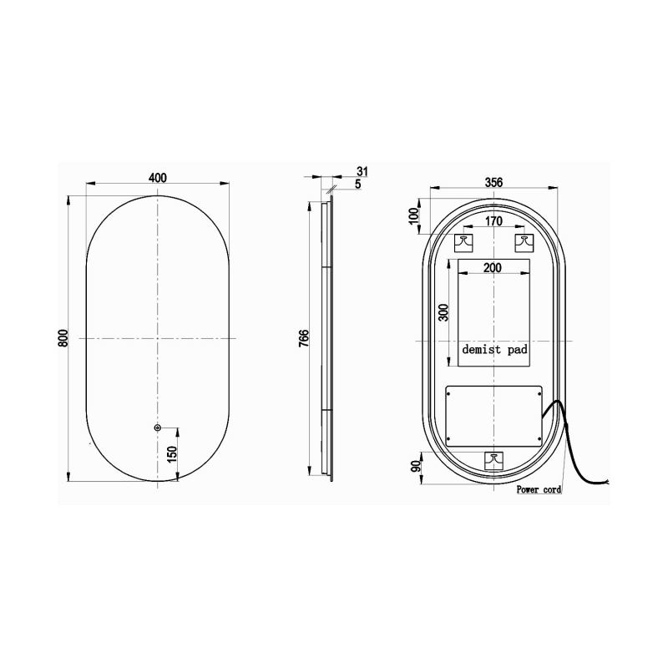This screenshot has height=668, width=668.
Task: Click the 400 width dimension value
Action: coord(157,177)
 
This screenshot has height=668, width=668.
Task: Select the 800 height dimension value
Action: coord(63,338)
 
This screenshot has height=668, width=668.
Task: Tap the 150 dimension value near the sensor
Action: coord(172,454)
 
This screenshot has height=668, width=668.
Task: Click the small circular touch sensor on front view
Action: coord(157,428)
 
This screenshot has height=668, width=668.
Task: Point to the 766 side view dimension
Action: coord(305,338)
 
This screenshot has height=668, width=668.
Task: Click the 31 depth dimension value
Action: coord(362,171)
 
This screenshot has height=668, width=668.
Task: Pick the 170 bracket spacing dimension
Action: coord(493,222)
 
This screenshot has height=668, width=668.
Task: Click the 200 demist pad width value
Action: coord(493,268)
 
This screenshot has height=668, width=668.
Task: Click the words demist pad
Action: coord(494,351)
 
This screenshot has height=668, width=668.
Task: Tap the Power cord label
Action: coord(539,490)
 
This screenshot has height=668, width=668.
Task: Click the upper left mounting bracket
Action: coord(463,243)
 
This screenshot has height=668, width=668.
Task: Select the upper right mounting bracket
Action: coord(524,243)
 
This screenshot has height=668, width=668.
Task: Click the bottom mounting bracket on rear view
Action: coord(494,459)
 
